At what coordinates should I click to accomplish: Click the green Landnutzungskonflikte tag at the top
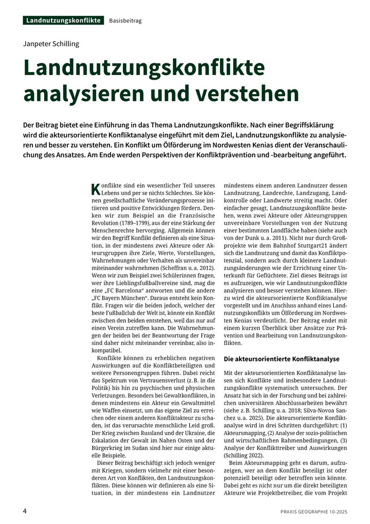[63, 21]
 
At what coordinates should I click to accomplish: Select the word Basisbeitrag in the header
[125, 21]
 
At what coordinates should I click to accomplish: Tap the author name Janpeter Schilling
[51, 44]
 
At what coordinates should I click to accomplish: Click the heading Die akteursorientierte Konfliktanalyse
[282, 358]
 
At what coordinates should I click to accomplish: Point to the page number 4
[25, 511]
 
